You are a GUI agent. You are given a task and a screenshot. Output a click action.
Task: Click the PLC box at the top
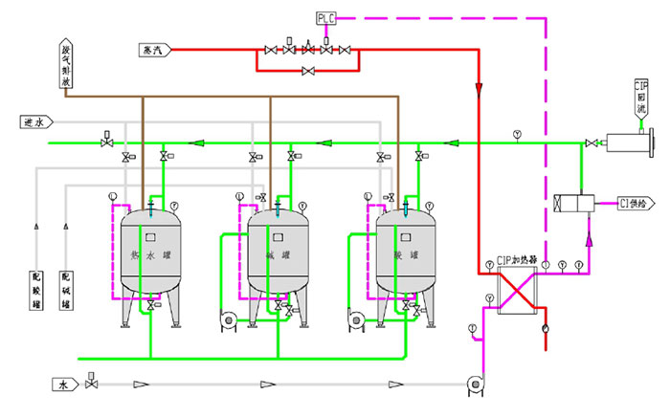(x=326, y=17)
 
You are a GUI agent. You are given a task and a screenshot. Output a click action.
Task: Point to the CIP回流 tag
(x=642, y=98)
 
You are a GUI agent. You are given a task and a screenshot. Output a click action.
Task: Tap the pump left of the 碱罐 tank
(x=228, y=318)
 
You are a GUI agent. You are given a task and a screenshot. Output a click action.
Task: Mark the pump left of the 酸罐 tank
(x=355, y=318)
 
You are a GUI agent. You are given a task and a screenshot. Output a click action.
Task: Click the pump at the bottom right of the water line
(x=474, y=385)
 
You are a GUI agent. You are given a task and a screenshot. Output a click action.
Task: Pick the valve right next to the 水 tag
(x=91, y=384)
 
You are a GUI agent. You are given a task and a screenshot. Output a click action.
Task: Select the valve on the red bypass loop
(x=307, y=71)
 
